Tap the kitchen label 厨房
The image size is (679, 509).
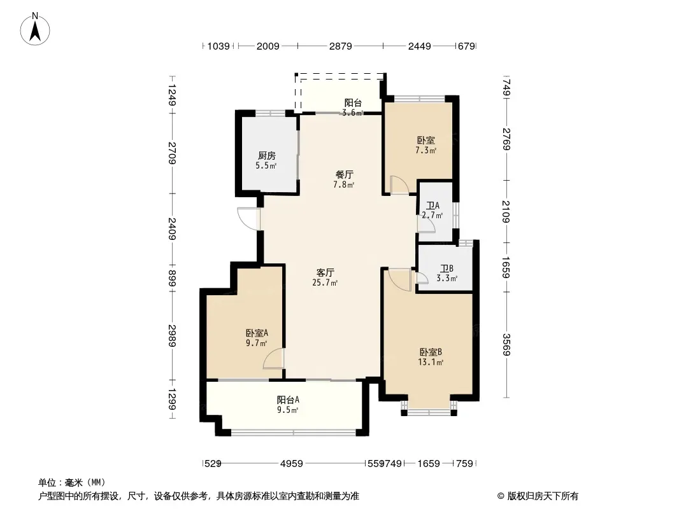point(267,155)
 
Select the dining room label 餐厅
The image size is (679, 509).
point(344,175)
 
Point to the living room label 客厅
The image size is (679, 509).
point(325,272)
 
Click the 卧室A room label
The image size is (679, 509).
point(257,333)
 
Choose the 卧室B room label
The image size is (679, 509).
point(431,352)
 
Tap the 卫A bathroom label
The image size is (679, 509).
point(432,206)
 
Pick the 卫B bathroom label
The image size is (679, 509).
point(447,268)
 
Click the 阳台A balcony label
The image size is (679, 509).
point(288,400)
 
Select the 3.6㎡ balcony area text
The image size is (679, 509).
point(352,113)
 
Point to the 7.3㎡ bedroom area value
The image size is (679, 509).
point(425,150)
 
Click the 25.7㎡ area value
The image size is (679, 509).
point(325,283)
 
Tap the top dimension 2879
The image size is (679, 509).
point(340,46)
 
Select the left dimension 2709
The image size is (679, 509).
point(173,153)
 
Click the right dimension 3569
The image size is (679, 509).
point(506,345)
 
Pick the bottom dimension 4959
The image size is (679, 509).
point(292,464)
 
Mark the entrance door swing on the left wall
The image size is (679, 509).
point(248,219)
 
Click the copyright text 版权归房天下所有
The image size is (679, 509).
point(543,496)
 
